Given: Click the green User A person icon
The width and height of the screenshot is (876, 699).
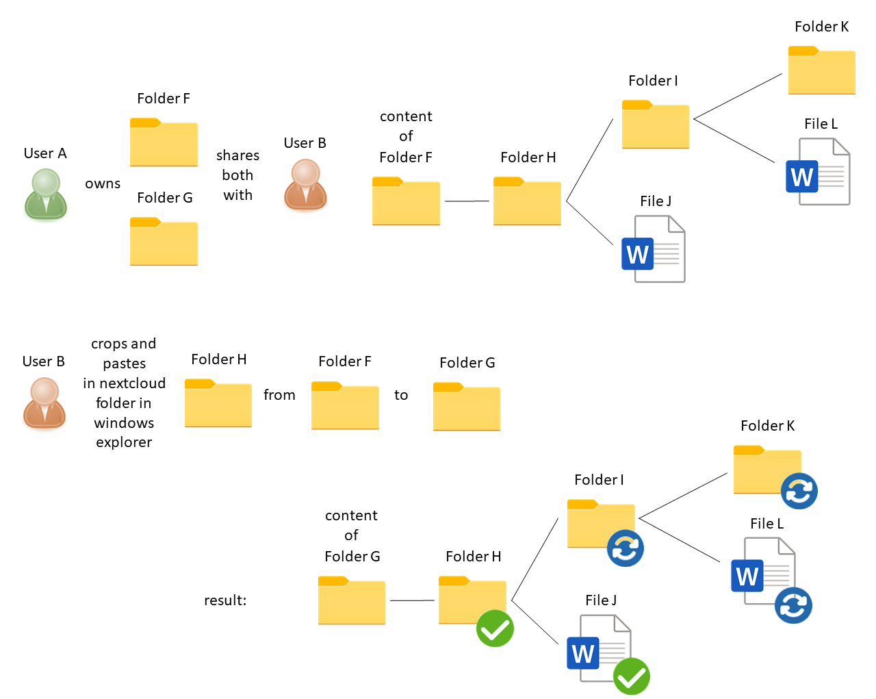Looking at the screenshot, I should pyautogui.click(x=46, y=194).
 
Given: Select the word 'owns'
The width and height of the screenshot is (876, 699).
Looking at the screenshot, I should pyautogui.click(x=103, y=183).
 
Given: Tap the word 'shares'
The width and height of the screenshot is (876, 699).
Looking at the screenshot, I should pyautogui.click(x=237, y=155).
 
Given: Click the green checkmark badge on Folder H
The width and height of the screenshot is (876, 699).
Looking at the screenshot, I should pyautogui.click(x=495, y=628).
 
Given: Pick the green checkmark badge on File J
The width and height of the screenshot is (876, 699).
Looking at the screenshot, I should pyautogui.click(x=631, y=676).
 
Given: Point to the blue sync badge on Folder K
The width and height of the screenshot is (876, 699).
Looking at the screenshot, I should pyautogui.click(x=799, y=491).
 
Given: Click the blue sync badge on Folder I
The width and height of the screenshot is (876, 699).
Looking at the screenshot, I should pyautogui.click(x=626, y=548).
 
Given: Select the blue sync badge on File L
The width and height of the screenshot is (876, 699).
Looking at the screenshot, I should pyautogui.click(x=793, y=605).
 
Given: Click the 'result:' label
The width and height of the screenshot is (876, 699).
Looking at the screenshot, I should pyautogui.click(x=225, y=600).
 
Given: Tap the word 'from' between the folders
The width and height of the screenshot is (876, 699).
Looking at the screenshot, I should pyautogui.click(x=279, y=395).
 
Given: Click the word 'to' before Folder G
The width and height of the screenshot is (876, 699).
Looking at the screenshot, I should pyautogui.click(x=401, y=395).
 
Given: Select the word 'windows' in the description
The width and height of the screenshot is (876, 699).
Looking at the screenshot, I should pyautogui.click(x=124, y=423).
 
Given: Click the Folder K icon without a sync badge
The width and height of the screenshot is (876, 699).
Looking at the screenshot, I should pyautogui.click(x=821, y=71).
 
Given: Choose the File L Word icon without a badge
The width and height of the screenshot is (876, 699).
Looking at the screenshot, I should pyautogui.click(x=818, y=172).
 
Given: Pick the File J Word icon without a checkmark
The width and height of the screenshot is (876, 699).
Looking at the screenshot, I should pyautogui.click(x=654, y=249).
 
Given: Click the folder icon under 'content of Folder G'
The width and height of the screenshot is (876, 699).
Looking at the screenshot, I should pyautogui.click(x=352, y=601).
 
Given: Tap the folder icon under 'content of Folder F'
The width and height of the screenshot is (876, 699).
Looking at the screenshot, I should pyautogui.click(x=406, y=201).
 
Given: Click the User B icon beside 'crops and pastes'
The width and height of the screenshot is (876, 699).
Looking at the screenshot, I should pyautogui.click(x=44, y=403).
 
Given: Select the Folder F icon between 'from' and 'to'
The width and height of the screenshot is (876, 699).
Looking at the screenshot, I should pyautogui.click(x=345, y=406).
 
